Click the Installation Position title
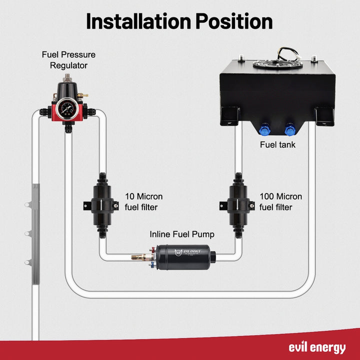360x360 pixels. (x=179, y=21)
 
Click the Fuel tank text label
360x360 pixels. (x=278, y=145)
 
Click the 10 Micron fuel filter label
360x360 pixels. (x=143, y=201)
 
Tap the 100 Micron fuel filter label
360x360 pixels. (x=281, y=201)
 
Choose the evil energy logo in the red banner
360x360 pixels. (x=316, y=347)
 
